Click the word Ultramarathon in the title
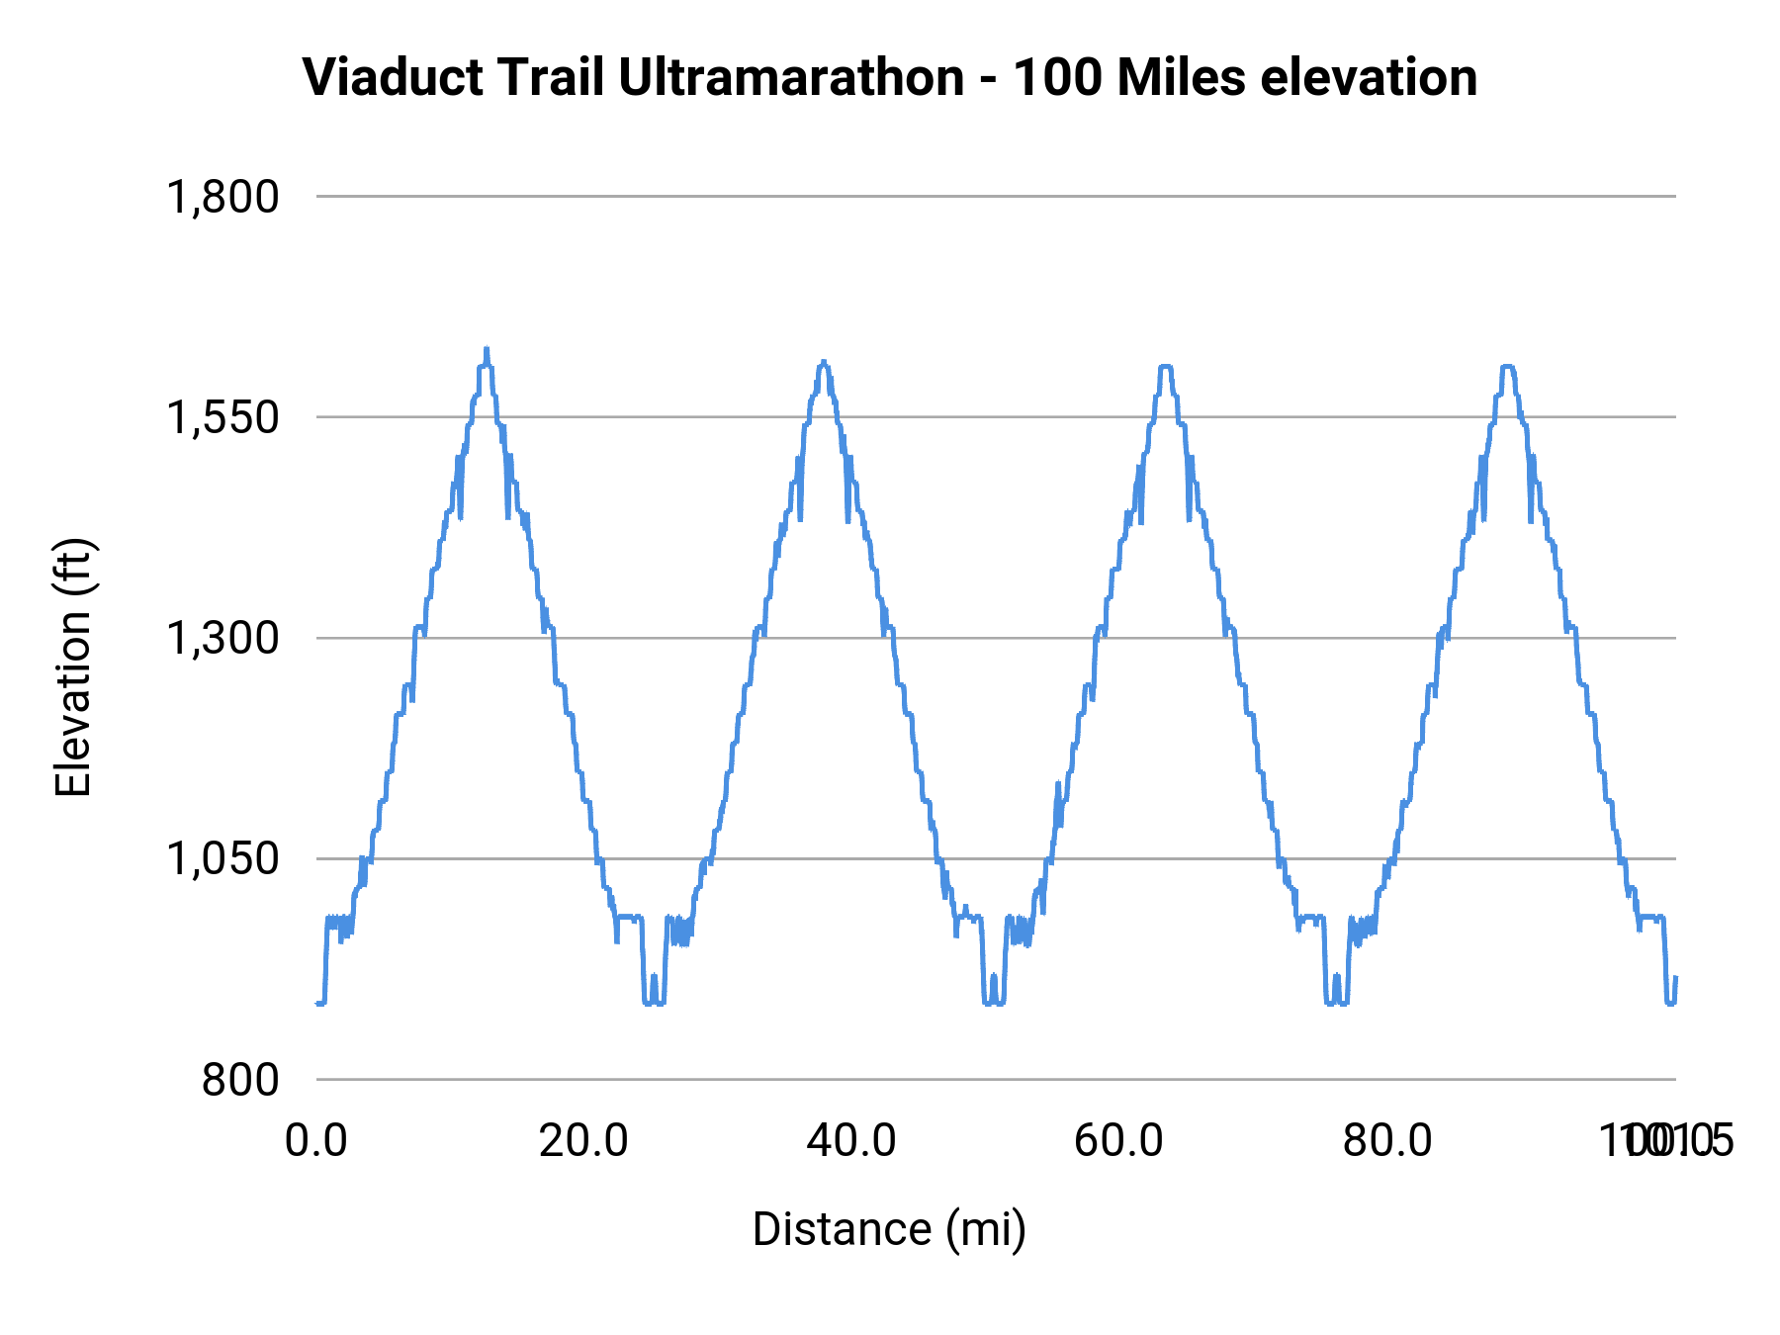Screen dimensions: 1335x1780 tap(791, 77)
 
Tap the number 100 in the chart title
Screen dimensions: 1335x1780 tap(1057, 77)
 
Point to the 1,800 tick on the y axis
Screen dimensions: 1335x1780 tap(222, 197)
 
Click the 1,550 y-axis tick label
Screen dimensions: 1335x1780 tap(222, 417)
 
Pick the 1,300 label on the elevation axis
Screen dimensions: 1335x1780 tap(222, 638)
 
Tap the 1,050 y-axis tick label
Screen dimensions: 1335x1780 tap(222, 858)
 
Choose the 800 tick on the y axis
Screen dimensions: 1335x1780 tap(240, 1079)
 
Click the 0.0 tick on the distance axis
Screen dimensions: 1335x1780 tap(316, 1141)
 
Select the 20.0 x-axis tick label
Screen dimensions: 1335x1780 tap(583, 1141)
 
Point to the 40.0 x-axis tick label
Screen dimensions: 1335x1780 tap(851, 1141)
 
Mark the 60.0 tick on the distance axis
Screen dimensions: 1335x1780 tap(1119, 1141)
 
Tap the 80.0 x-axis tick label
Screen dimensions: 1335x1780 tap(1387, 1141)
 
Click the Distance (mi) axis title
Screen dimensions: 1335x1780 tap(889, 1229)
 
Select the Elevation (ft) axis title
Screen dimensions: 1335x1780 tap(73, 667)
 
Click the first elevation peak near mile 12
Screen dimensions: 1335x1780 tap(486, 349)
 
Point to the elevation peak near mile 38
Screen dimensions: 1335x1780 tap(823, 362)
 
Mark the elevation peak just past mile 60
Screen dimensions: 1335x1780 tap(1165, 366)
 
